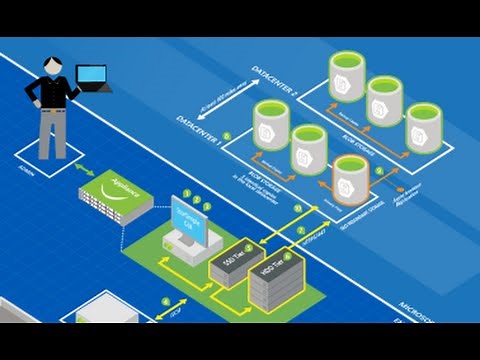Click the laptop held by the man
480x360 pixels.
(92, 78)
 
